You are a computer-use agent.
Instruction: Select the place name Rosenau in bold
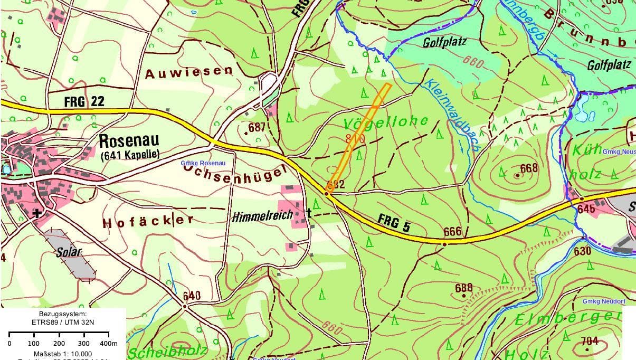click(x=128, y=141)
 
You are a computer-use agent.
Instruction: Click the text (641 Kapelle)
click(x=129, y=155)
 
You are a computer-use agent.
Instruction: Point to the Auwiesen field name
click(x=188, y=72)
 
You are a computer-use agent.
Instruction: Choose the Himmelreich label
click(x=255, y=216)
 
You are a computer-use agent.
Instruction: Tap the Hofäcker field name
click(x=148, y=221)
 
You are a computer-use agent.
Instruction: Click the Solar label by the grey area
click(x=69, y=252)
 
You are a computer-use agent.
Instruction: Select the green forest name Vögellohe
click(x=386, y=122)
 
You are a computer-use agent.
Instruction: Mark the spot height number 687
click(x=257, y=127)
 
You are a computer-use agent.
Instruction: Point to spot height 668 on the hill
click(x=528, y=168)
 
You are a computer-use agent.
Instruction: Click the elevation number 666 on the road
click(x=452, y=232)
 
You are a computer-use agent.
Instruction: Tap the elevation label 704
click(x=590, y=341)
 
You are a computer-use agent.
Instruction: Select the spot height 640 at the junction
click(x=192, y=296)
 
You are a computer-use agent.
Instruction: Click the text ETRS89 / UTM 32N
click(x=62, y=321)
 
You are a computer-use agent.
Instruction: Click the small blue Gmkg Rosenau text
click(x=203, y=163)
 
